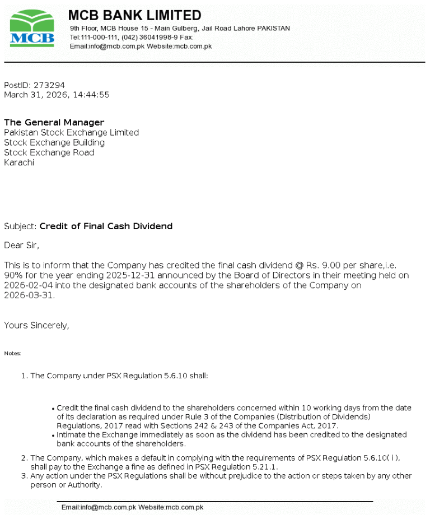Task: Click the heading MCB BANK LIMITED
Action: tap(134, 15)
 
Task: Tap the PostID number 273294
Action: tap(49, 85)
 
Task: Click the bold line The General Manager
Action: tap(54, 122)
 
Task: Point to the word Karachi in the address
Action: tap(19, 163)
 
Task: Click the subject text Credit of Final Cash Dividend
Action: tap(106, 226)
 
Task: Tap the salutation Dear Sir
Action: tap(22, 245)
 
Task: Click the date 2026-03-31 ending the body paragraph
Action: tap(29, 295)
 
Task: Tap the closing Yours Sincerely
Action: tap(36, 325)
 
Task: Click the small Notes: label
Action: tap(12, 354)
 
